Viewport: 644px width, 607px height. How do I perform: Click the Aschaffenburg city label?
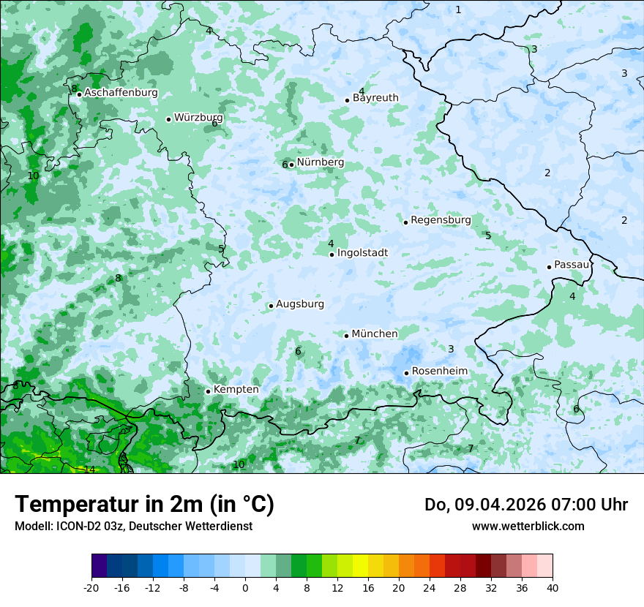[x=121, y=93]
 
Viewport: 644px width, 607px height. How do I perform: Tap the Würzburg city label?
[x=198, y=118]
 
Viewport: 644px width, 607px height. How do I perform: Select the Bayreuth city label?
[x=375, y=98]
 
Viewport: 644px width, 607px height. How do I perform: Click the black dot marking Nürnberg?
[x=291, y=165]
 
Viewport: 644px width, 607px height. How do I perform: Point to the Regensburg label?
[x=441, y=220]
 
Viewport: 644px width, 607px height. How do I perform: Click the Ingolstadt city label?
[x=362, y=253]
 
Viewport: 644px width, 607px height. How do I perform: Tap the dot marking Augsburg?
[x=271, y=306]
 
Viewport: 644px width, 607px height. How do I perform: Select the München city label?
[x=375, y=334]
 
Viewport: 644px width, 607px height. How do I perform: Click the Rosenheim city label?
[x=439, y=372]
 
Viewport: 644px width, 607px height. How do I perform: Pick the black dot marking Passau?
[x=549, y=267]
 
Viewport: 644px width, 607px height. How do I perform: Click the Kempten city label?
[x=236, y=390]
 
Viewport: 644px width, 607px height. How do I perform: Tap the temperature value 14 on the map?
[x=89, y=470]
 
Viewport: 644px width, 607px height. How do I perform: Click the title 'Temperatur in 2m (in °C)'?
[x=144, y=504]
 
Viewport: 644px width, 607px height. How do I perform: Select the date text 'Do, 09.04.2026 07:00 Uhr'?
[x=525, y=505]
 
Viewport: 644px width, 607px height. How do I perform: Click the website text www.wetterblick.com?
[x=528, y=526]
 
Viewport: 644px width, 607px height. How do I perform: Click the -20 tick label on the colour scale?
[x=91, y=587]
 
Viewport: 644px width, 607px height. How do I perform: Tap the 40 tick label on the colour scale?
[x=553, y=587]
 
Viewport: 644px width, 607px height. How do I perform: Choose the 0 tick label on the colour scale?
[x=245, y=587]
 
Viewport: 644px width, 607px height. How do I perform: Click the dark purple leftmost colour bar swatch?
[x=99, y=566]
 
